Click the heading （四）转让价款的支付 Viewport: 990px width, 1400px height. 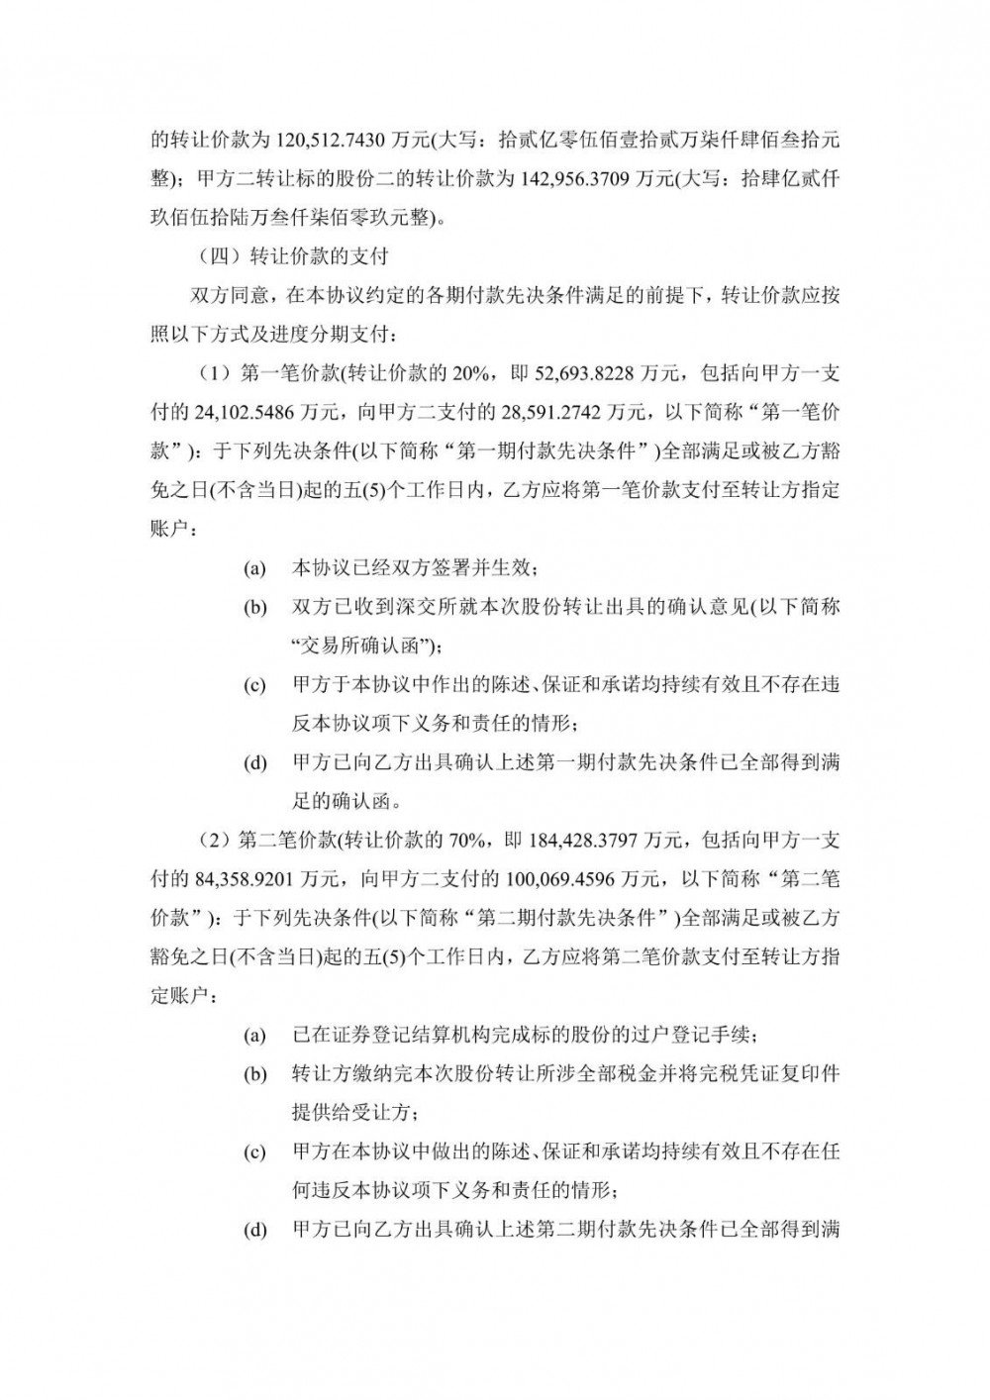tap(293, 256)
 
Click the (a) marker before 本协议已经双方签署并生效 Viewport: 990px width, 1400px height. tap(255, 569)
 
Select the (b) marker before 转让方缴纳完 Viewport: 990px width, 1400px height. tap(255, 1074)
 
